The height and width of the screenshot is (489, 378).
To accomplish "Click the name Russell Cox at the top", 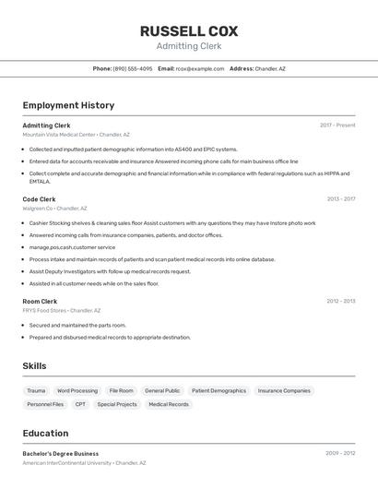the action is [189, 31].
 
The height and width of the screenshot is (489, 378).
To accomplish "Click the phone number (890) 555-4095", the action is [133, 68].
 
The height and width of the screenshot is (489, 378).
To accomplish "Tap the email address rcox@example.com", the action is [200, 68].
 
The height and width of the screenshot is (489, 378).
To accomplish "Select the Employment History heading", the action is [68, 105].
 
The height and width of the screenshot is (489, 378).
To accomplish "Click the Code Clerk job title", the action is [39, 199].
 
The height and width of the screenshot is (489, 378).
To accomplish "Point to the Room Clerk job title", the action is [40, 301].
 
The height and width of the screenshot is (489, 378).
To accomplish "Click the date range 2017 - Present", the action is [337, 125].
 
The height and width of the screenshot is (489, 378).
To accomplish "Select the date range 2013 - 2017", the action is [341, 199].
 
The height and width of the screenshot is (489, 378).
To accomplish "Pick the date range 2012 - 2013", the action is [341, 301].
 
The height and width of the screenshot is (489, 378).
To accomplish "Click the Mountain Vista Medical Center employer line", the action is [76, 135].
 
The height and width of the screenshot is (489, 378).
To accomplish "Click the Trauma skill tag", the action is [36, 391].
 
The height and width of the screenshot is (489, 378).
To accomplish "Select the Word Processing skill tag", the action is [77, 391].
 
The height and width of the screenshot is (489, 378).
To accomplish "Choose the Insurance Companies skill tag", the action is [284, 391].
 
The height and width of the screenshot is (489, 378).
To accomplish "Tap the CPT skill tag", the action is [80, 404].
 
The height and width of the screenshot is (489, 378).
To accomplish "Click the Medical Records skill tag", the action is [169, 404].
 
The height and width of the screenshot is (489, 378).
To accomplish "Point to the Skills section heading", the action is [34, 366].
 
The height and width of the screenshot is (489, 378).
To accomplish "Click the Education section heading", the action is [45, 434].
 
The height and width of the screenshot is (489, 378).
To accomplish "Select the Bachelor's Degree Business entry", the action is [61, 454].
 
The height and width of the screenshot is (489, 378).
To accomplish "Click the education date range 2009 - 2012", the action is [340, 454].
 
